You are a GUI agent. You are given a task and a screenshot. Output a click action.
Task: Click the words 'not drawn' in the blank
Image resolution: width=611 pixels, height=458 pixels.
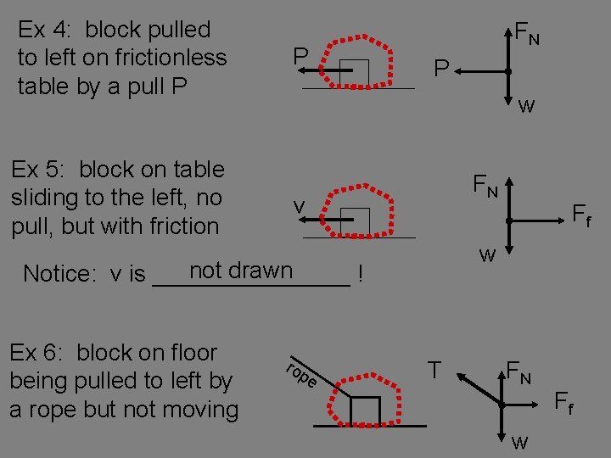click(241, 271)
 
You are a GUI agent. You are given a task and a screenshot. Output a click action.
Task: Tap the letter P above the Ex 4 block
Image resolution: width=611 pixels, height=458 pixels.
click(300, 57)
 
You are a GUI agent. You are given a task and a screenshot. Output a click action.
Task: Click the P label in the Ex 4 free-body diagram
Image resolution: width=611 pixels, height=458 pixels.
click(441, 68)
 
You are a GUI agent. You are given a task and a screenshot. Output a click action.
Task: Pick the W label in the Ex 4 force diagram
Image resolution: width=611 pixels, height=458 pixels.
click(526, 107)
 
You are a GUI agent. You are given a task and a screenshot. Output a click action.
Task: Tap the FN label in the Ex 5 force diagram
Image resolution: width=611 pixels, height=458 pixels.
click(486, 184)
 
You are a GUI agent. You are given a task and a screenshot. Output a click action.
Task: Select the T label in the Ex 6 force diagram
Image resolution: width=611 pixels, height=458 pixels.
click(434, 370)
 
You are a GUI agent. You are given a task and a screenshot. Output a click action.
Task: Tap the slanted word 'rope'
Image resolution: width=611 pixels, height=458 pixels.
click(301, 374)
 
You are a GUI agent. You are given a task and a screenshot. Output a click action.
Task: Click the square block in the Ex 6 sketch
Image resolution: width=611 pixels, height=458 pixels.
click(365, 410)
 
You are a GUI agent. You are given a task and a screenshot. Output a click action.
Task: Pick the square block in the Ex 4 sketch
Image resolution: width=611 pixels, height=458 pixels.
click(354, 73)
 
